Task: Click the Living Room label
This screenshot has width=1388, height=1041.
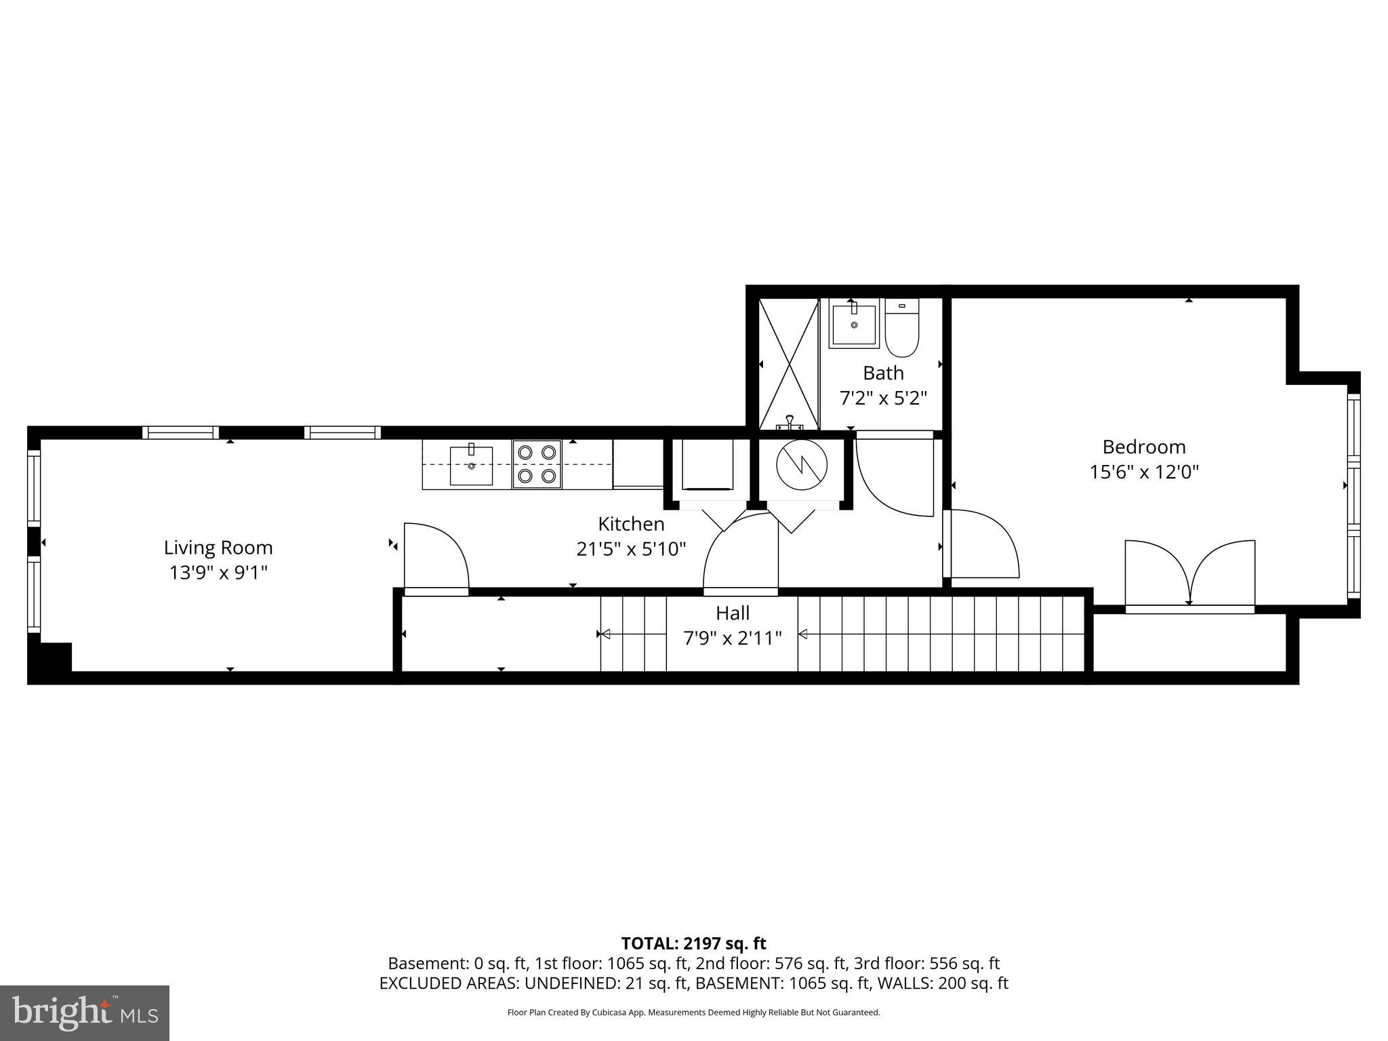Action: [x=218, y=548]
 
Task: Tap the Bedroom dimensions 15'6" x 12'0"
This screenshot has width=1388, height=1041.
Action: [x=1144, y=472]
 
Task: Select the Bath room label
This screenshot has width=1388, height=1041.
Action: [x=883, y=373]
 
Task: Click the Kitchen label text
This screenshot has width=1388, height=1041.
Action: [x=631, y=524]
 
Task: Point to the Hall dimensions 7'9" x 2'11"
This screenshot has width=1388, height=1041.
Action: [x=732, y=638]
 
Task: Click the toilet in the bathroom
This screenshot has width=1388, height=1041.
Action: [x=901, y=329]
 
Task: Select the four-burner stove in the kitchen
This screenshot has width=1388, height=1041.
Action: [x=537, y=464]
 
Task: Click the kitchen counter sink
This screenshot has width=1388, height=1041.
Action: [x=472, y=465]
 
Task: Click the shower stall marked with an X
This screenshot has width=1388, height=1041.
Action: [x=789, y=364]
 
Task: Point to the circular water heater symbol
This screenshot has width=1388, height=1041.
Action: [x=802, y=464]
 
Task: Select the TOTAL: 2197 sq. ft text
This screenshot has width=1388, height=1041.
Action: [x=693, y=943]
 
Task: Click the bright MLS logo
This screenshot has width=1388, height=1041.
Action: [x=85, y=1013]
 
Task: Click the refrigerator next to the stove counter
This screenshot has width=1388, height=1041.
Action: [x=638, y=464]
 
